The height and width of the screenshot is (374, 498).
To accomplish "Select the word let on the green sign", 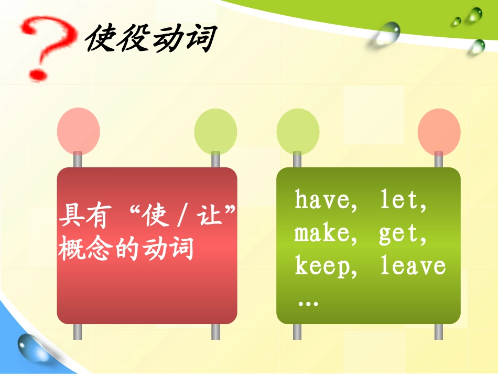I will [400, 201].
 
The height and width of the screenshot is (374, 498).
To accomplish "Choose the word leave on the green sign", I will [413, 266].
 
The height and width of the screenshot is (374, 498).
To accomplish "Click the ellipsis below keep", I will [308, 303].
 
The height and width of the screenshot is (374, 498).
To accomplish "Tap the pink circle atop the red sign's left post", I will [78, 131].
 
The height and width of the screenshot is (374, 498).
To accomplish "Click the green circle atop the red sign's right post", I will [215, 131].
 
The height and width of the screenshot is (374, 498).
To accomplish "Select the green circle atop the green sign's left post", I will [297, 131].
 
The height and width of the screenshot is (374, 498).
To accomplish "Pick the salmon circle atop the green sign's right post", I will [439, 131].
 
